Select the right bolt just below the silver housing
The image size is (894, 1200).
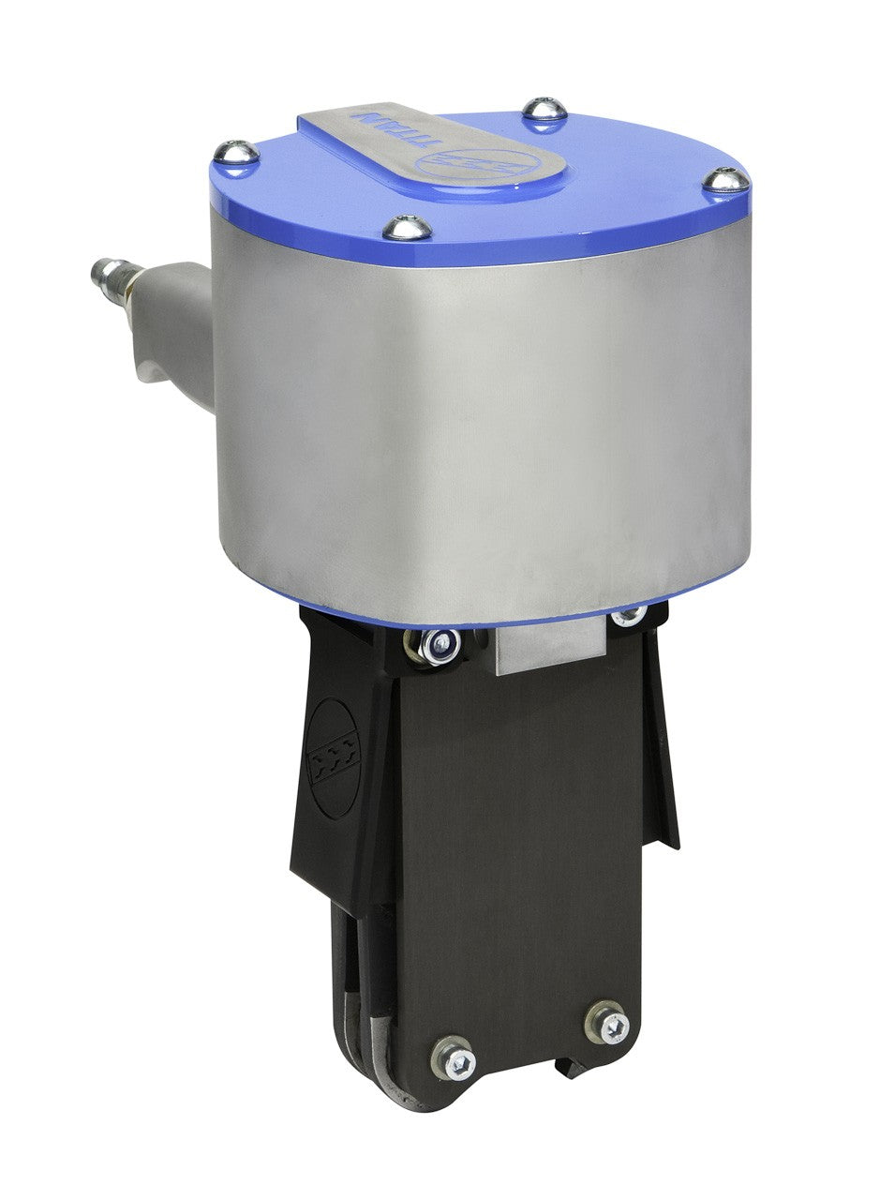tap(627, 614)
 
